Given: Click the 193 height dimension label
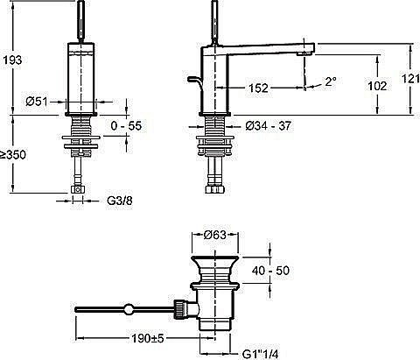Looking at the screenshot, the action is [x=12, y=60].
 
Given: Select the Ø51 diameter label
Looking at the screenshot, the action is [x=37, y=102].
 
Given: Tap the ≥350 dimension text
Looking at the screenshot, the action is [x=13, y=155].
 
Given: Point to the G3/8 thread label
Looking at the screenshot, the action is [x=120, y=201].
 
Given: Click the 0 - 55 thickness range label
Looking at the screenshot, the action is [x=126, y=126].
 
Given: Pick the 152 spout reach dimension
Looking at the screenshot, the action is [x=258, y=88].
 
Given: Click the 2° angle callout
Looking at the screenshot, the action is [x=331, y=81].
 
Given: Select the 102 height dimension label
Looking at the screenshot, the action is [x=377, y=86].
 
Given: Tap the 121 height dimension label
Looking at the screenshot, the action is [x=410, y=78].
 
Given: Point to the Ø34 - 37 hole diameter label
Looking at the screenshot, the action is [x=269, y=126].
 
